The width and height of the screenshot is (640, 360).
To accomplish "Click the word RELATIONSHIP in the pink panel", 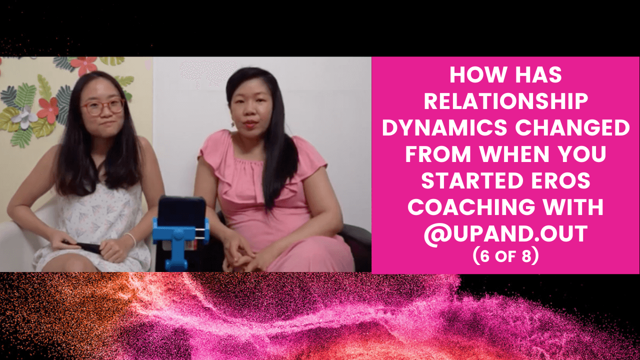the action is coord(505,101).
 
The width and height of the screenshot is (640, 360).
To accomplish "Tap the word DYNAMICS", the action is coord(444,127).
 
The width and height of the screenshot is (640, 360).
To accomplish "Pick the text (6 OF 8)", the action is coord(505,255).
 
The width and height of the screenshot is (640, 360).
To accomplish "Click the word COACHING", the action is coord(471,207).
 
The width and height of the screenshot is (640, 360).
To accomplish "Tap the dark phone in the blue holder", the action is coord(182,212).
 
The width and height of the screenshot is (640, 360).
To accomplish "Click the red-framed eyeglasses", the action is coord(102,107).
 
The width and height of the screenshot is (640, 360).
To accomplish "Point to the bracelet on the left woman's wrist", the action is coord(131,239).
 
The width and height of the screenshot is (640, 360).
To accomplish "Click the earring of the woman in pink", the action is coord(233,124).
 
